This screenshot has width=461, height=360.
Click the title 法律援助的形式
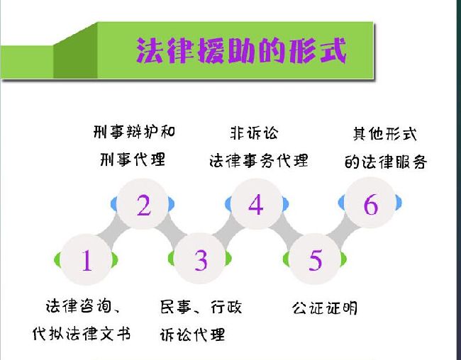[x=241, y=50]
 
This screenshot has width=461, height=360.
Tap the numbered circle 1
[x=86, y=260]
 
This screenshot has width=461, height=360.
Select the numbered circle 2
[x=143, y=204]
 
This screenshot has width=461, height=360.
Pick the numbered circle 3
[x=200, y=259]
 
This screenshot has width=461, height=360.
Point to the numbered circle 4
[x=256, y=204]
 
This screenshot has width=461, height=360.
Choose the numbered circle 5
[x=315, y=259]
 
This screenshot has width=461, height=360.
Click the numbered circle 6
[x=370, y=203]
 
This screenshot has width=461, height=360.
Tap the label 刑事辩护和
[x=134, y=132]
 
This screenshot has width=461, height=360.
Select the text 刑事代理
[x=133, y=159]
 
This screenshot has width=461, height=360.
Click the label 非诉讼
[x=254, y=133]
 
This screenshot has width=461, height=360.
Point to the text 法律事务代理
[x=259, y=161]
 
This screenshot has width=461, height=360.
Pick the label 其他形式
[x=385, y=134]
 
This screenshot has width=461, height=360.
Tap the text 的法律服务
[x=386, y=162]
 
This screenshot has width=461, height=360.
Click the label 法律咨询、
[x=83, y=306]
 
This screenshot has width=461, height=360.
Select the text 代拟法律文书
[x=82, y=334]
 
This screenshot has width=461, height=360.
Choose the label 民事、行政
[x=201, y=307]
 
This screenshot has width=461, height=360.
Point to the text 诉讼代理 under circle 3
[x=193, y=334]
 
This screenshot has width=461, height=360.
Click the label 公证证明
[x=325, y=308]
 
